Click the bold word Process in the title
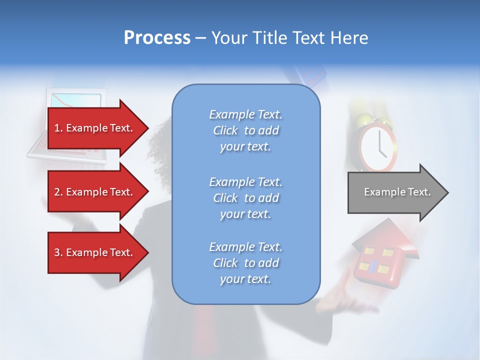(x=157, y=38)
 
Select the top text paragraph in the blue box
(x=245, y=130)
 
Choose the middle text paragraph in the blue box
(x=245, y=198)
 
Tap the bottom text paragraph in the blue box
(x=245, y=263)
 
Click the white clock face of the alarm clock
(x=378, y=145)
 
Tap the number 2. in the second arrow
(x=58, y=192)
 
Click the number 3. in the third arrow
(x=58, y=252)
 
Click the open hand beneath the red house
(x=345, y=300)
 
